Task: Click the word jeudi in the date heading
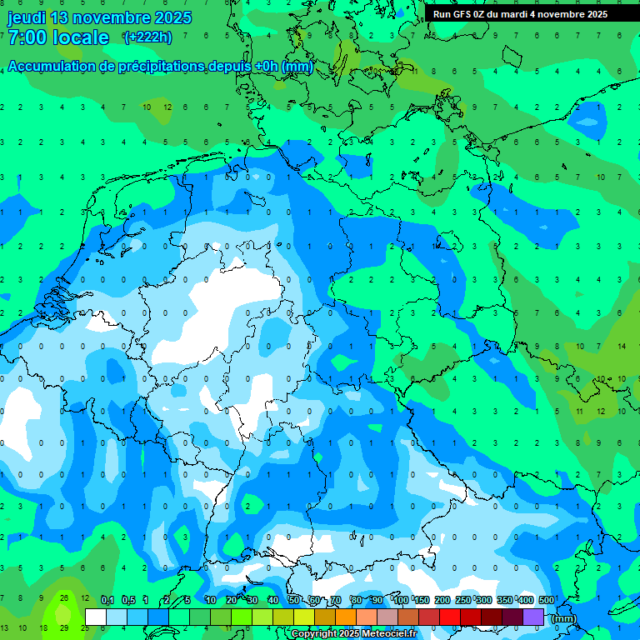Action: point(26,17)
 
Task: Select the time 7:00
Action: point(27,37)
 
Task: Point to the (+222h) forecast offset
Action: point(147,37)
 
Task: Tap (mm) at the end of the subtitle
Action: point(297,66)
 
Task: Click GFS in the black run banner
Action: point(462,14)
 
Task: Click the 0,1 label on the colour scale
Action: point(107,600)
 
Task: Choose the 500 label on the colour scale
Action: point(547,600)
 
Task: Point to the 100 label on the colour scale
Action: point(401,600)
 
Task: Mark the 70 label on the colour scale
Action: point(336,600)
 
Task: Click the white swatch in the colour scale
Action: point(96,617)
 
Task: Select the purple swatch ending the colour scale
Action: point(533,617)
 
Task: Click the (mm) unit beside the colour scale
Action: point(564,618)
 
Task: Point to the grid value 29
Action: point(63,627)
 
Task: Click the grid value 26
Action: point(63,597)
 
